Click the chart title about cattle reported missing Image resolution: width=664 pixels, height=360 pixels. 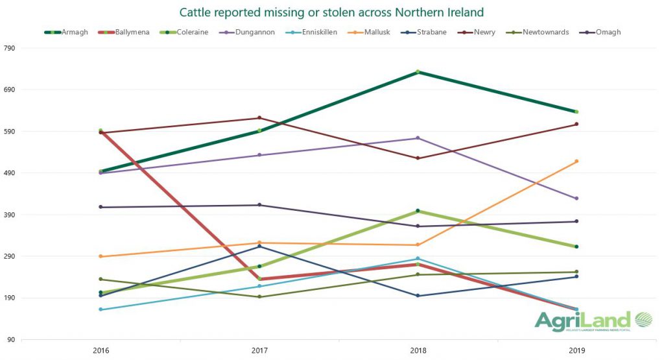tap(331, 12)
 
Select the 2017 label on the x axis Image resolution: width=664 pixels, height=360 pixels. tap(259, 350)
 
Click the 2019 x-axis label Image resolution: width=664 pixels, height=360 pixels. tap(576, 350)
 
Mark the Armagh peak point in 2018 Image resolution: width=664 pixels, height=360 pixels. tap(418, 72)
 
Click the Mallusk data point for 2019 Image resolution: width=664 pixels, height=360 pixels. tap(576, 162)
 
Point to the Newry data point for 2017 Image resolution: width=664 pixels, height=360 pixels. tap(259, 118)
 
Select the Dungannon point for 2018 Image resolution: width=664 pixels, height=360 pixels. tap(418, 138)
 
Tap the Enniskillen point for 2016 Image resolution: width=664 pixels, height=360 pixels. tap(101, 309)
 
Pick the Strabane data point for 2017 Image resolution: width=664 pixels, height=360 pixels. tap(259, 246)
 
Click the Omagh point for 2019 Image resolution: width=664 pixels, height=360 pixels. tap(576, 222)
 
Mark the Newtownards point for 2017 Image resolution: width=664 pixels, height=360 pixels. tap(259, 297)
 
